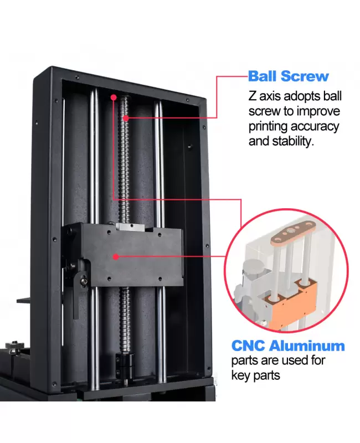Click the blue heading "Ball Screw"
[x=288, y=76]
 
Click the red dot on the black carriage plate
[x=115, y=256]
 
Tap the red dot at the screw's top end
[x=113, y=97]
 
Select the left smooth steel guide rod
[x=95, y=166]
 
